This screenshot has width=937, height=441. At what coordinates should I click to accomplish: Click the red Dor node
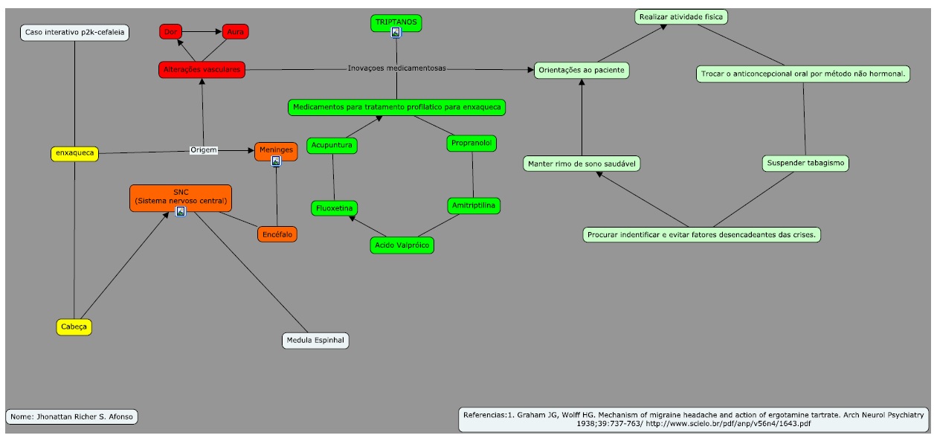tap(171, 32)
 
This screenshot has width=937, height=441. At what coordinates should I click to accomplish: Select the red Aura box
tap(236, 32)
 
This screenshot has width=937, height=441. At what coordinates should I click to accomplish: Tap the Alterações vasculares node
tap(202, 69)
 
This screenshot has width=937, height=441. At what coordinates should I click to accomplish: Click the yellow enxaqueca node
tap(75, 153)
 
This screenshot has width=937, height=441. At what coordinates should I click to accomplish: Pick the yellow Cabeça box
tap(74, 326)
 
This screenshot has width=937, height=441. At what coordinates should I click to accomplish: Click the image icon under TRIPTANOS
tap(396, 32)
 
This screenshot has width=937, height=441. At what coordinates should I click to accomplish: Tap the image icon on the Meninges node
tap(276, 161)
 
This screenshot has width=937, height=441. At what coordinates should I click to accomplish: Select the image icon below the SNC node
tap(181, 211)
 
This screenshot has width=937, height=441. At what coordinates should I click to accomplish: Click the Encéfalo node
tap(277, 234)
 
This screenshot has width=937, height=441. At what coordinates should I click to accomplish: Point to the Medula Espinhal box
tap(315, 340)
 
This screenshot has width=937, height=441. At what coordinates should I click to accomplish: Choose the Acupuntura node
tap(332, 145)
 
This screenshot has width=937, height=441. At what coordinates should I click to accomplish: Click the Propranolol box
tap(471, 143)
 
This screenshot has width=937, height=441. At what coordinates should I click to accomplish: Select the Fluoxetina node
tap(334, 208)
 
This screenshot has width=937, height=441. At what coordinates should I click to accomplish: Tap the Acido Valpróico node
tap(402, 245)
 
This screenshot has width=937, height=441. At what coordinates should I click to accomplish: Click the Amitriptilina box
tap(474, 205)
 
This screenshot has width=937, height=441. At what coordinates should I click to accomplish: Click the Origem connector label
tap(204, 149)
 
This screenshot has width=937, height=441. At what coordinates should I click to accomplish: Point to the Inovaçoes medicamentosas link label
tap(397, 68)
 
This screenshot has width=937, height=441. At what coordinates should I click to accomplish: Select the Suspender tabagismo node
tap(805, 163)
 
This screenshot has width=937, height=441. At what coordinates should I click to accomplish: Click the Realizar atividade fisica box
tap(681, 17)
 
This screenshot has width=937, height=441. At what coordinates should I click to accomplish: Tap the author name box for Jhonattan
tap(71, 416)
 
